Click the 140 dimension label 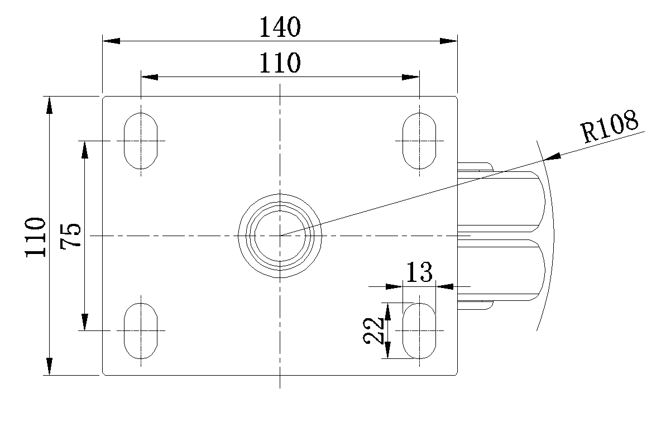point(280,27)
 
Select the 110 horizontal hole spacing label point(280,63)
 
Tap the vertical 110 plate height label point(35,237)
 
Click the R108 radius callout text point(610,127)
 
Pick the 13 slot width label point(419,272)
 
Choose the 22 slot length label point(373,330)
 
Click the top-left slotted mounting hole point(141,140)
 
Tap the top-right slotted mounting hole point(419,140)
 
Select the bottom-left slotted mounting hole point(141,330)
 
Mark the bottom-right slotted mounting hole point(419,330)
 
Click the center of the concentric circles point(280,236)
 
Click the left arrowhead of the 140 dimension point(111,41)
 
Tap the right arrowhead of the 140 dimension point(448,41)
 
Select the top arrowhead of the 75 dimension point(85,149)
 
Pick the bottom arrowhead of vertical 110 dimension point(49,366)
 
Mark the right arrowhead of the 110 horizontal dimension point(410,77)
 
